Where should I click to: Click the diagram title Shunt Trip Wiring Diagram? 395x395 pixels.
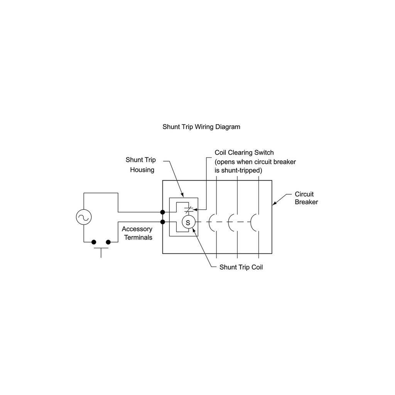[201, 127]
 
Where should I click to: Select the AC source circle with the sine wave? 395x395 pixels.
[84, 217]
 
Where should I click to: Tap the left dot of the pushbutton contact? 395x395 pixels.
[93, 242]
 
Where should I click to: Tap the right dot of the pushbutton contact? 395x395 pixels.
[108, 242]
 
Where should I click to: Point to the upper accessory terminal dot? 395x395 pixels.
[163, 212]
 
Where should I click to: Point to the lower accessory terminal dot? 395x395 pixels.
[163, 222]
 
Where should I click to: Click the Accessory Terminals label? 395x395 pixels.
[138, 233]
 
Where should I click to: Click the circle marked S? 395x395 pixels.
[188, 222]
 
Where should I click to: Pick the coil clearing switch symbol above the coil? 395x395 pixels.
[188, 210]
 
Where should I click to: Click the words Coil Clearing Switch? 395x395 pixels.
[244, 153]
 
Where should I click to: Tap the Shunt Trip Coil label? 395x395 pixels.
[241, 267]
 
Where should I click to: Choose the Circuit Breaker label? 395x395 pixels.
[306, 198]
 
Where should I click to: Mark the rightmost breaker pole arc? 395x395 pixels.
[253, 222]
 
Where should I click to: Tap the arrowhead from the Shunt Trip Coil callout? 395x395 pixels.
[193, 229]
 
